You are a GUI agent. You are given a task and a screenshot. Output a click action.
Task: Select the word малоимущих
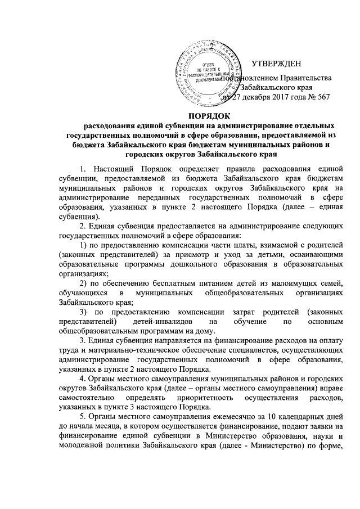[248, 282]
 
